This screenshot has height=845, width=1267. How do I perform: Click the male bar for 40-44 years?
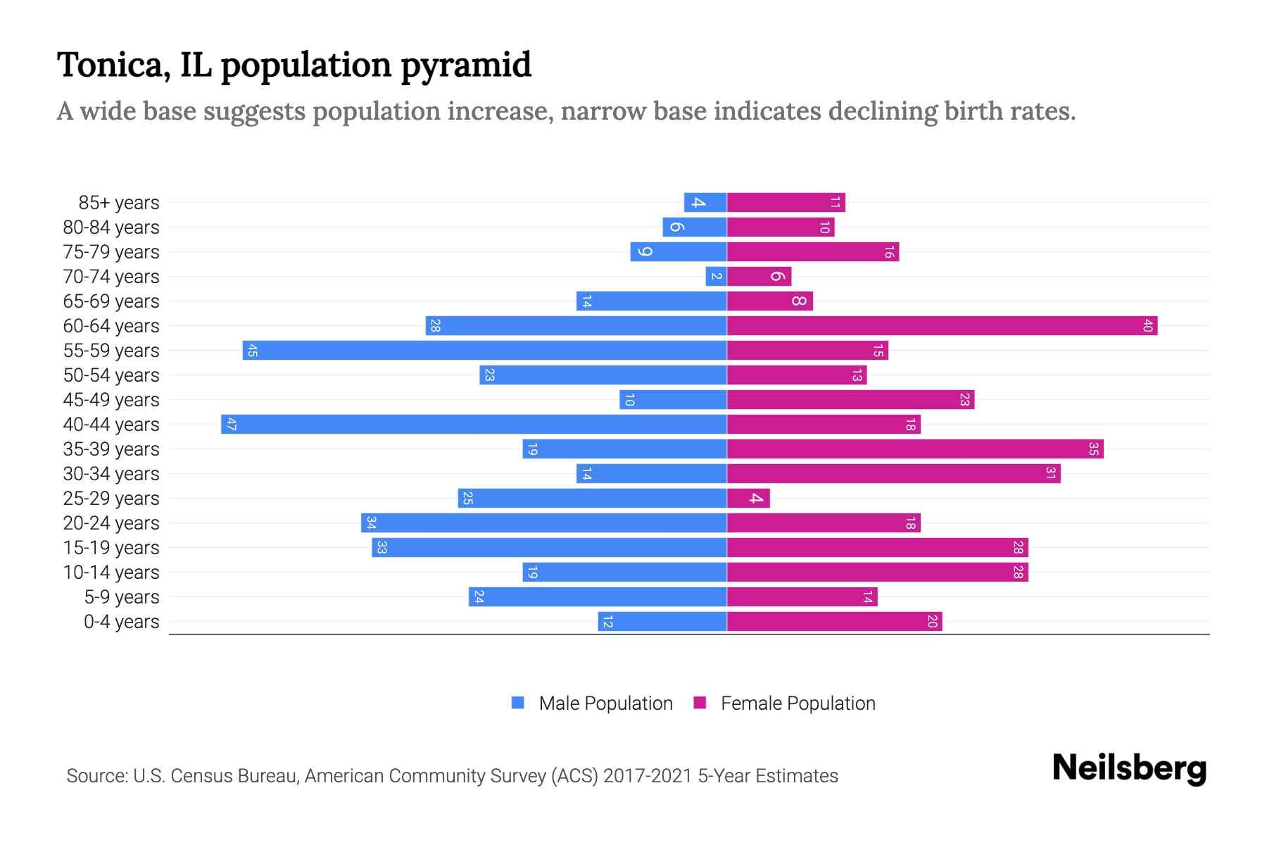(474, 425)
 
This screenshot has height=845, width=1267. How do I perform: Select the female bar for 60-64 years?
(942, 326)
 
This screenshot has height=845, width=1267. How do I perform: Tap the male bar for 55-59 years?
(484, 351)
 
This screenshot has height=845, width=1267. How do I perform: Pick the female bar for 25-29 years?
(748, 499)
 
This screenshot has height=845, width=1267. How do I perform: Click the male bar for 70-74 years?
(716, 277)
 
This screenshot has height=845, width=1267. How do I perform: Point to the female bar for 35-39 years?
(915, 449)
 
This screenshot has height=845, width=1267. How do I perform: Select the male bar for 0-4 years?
(662, 622)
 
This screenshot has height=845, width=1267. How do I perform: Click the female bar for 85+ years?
(786, 203)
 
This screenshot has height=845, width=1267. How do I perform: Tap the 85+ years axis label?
(119, 203)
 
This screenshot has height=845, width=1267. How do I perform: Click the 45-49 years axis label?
(111, 400)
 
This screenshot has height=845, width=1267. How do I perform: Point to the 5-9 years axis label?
(122, 597)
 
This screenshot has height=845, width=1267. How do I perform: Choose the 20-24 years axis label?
(111, 523)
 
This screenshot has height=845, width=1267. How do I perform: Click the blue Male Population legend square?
(518, 703)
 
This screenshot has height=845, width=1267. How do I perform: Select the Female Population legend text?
(798, 703)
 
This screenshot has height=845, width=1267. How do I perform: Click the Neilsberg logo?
(1129, 768)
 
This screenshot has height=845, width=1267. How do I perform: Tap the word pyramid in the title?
(466, 65)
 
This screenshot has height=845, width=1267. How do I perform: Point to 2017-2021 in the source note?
(648, 776)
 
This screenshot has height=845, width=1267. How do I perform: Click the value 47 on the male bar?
(232, 425)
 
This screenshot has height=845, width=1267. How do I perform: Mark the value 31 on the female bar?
(1049, 474)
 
